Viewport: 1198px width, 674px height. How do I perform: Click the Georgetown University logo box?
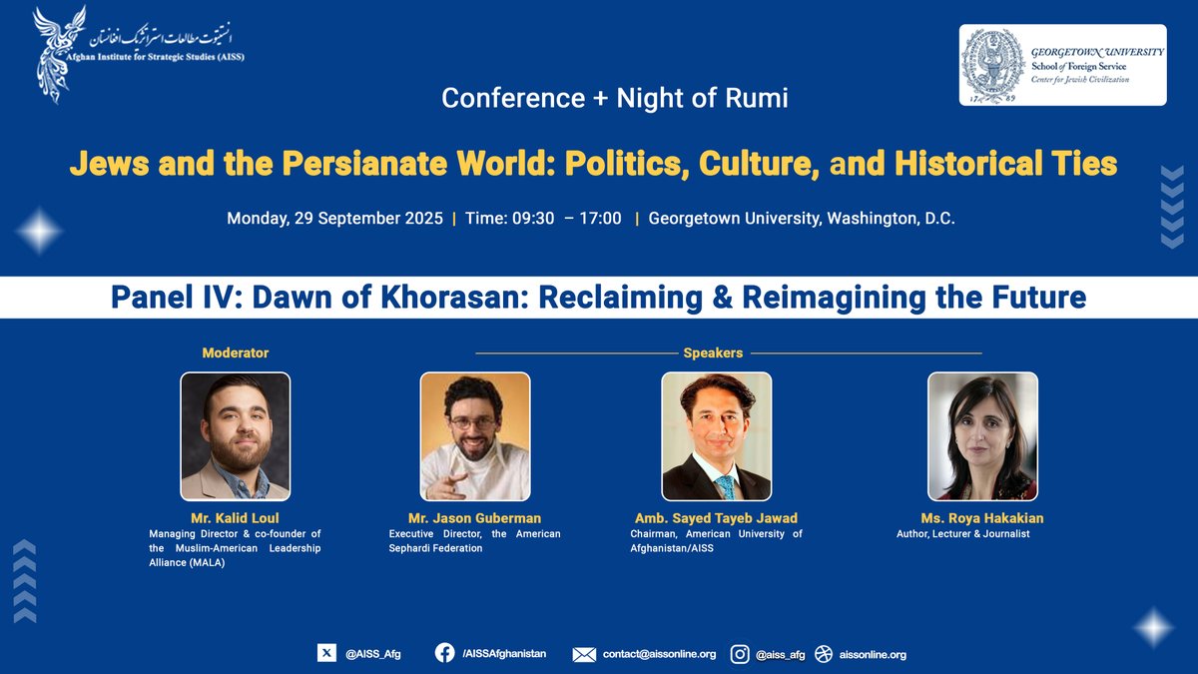pos(1062,65)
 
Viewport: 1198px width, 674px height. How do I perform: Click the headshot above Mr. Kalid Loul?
pos(236,436)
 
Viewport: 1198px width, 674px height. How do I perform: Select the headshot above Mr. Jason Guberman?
pos(475,436)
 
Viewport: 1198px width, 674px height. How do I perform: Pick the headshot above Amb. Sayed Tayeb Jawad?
pos(717,436)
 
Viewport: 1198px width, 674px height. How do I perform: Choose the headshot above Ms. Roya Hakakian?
pos(982,436)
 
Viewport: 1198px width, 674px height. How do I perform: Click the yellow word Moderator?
pos(236,352)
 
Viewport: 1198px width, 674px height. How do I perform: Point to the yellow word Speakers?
pos(713,352)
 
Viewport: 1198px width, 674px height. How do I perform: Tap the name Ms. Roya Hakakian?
pos(982,518)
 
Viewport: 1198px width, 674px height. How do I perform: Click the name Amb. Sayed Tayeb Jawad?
pos(717,518)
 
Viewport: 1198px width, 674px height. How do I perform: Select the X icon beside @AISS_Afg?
pos(326,653)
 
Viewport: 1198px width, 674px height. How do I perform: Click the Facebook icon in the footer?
pos(444,653)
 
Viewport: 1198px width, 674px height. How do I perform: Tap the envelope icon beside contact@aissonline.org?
pos(584,654)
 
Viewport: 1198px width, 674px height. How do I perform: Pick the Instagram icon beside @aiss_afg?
pos(740,654)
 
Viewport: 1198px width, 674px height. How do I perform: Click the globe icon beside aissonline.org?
pos(823,654)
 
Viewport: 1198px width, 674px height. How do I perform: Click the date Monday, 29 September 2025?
pos(334,219)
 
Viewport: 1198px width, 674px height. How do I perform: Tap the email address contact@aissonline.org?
pos(659,654)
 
